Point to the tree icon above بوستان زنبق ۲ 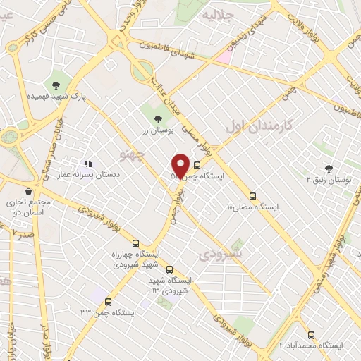329,167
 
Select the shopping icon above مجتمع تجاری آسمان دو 27,191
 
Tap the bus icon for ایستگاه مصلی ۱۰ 252,196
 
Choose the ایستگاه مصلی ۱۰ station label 252,207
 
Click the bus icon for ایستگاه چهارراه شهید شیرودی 136,244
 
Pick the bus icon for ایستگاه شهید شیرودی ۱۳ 169,269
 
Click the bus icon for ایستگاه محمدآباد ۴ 311,335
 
